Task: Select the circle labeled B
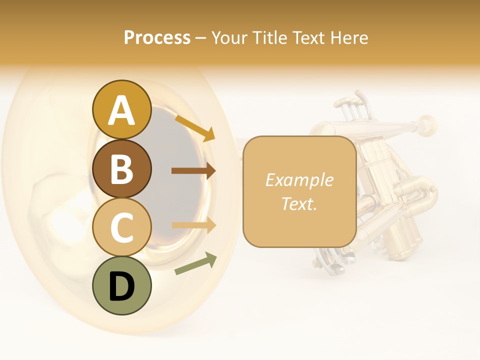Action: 121,169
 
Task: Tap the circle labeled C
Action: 121,227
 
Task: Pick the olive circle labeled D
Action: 121,285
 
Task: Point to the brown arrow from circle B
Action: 193,171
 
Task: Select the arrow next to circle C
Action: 193,225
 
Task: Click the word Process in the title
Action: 157,38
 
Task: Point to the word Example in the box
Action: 299,180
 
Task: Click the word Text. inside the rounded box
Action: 299,203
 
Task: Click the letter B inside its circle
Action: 121,169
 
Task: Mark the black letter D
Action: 121,286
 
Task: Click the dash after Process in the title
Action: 200,38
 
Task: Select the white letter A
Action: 121,110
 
